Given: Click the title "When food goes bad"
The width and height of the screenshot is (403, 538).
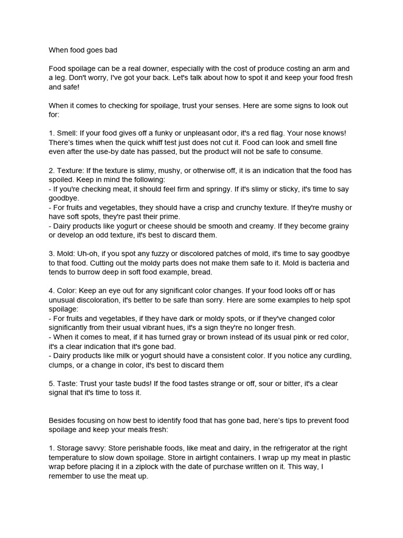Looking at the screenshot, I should click(83, 50).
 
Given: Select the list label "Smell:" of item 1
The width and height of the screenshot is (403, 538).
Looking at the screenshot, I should click(68, 133).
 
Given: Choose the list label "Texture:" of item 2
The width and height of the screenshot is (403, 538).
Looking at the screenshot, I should click(71, 170).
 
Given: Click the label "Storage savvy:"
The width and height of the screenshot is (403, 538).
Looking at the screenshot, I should click(82, 448).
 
